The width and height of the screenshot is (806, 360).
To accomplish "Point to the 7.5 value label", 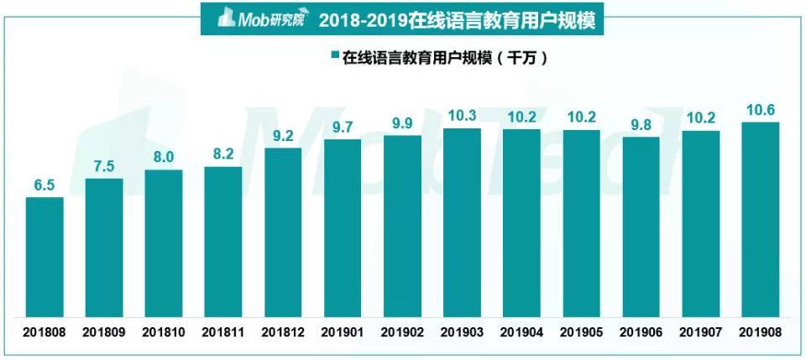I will [x=104, y=166].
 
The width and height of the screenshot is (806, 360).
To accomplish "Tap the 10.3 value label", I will [x=462, y=116].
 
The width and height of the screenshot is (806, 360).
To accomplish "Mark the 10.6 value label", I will [x=761, y=110].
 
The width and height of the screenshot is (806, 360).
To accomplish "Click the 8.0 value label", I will [x=164, y=158].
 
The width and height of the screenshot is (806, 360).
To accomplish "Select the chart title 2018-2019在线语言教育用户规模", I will [x=458, y=18].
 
